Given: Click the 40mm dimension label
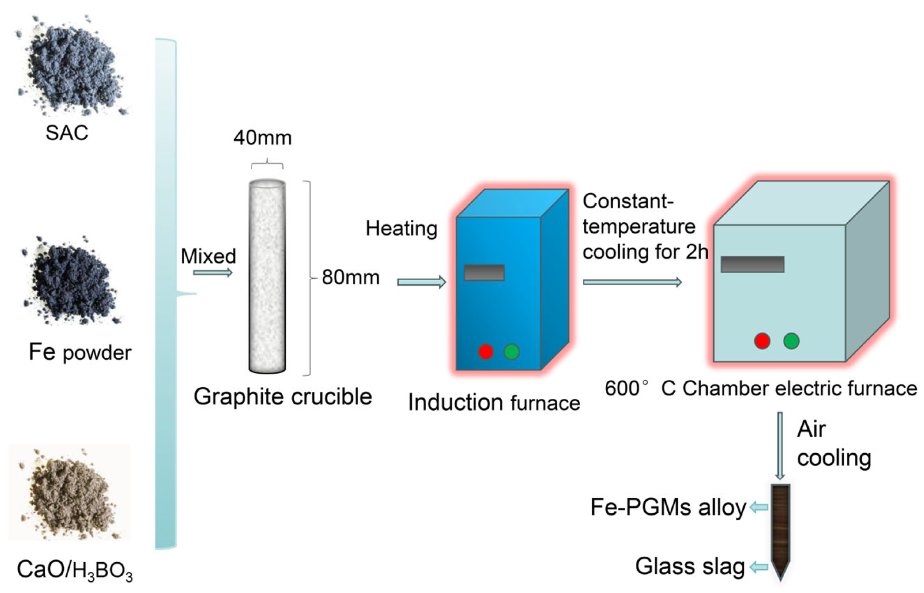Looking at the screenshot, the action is (x=262, y=138).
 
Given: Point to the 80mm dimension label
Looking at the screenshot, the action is (x=350, y=277).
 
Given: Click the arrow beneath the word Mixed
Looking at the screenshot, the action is (x=212, y=273).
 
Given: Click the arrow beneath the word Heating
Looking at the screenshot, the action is (x=421, y=282).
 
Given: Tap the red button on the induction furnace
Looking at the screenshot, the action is (x=486, y=351).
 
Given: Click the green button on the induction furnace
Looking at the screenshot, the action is (x=511, y=351).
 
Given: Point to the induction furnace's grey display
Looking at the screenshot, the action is (x=484, y=272).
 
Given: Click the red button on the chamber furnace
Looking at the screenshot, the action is (x=762, y=341).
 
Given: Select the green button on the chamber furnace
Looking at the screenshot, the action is (x=791, y=341).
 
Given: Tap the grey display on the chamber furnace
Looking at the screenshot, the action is (x=752, y=264).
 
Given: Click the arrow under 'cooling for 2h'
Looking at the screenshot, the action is (x=632, y=282).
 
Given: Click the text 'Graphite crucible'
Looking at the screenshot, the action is (x=282, y=397).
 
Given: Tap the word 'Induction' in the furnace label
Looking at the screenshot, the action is (x=455, y=403).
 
